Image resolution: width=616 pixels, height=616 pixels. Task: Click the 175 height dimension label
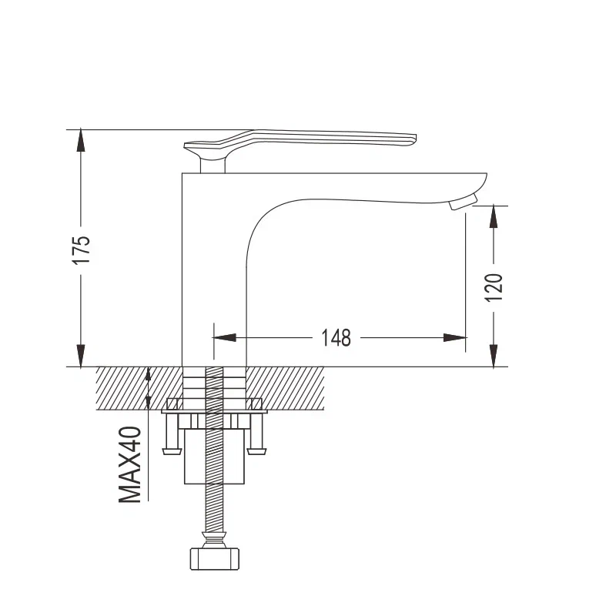82,249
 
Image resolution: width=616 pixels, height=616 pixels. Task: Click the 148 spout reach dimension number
336,338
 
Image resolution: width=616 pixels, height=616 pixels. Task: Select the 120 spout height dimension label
494,287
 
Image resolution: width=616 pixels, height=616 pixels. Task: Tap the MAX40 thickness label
130,465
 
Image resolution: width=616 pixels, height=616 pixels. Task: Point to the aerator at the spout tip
464,202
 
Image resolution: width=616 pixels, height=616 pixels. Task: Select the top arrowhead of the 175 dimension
81,139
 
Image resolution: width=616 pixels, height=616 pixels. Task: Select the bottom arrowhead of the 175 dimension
81,356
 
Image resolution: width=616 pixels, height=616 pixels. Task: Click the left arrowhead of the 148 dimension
225,337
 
